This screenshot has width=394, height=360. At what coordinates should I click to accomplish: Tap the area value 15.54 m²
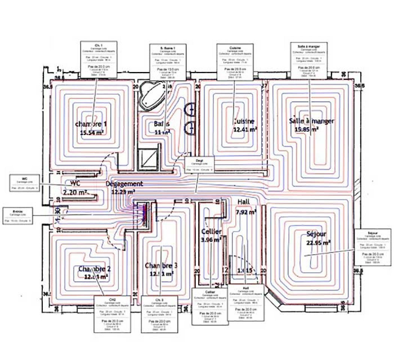[92, 132]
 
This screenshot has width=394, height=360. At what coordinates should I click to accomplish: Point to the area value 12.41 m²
[245, 129]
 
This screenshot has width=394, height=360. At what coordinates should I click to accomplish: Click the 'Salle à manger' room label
[311, 121]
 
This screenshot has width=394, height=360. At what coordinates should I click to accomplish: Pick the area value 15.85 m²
[307, 129]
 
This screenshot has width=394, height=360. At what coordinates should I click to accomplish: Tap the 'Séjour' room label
[317, 235]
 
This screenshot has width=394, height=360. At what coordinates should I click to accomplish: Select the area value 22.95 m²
[318, 243]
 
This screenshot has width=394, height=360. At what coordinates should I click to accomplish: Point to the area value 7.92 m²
[246, 212]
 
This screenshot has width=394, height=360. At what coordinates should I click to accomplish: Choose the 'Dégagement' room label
[124, 184]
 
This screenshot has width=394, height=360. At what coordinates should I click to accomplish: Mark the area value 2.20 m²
[75, 192]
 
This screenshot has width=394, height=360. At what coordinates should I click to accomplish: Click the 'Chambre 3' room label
[161, 265]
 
